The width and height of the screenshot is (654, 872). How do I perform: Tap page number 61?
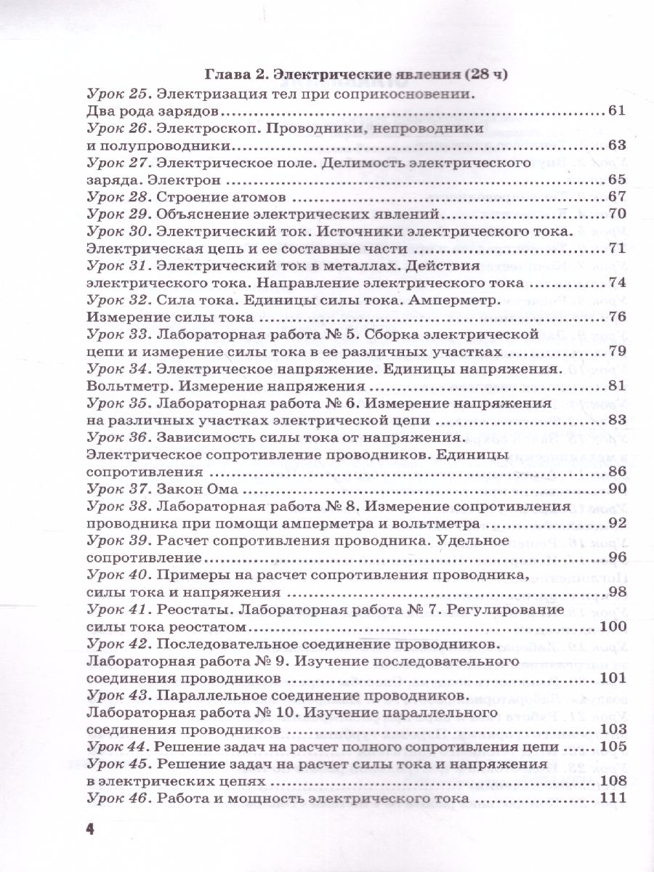tap(617, 111)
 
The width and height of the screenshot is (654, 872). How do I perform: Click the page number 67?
tap(617, 197)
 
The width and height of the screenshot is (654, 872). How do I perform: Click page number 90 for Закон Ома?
tap(617, 488)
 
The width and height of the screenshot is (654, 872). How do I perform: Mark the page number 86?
tap(617, 471)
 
